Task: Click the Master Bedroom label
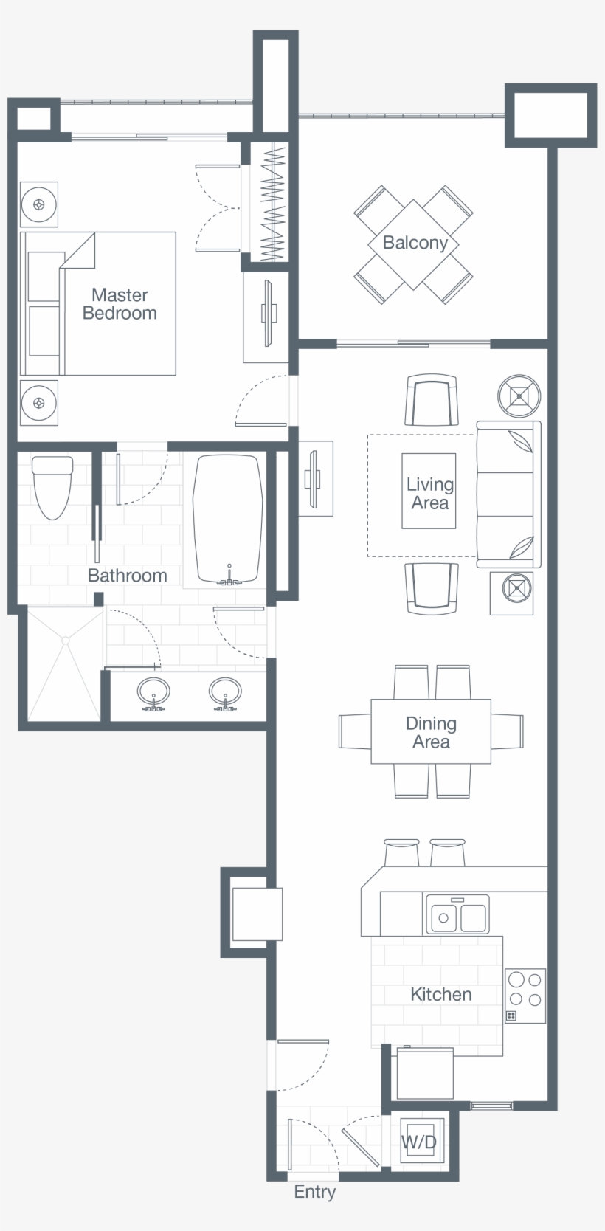pyautogui.click(x=120, y=304)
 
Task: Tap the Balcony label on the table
pyautogui.click(x=415, y=243)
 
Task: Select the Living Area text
pyautogui.click(x=429, y=493)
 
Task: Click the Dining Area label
pyautogui.click(x=431, y=732)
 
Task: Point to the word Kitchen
pyautogui.click(x=440, y=994)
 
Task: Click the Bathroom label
pyautogui.click(x=127, y=575)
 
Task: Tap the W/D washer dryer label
pyautogui.click(x=418, y=1142)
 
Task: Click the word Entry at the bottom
pyautogui.click(x=314, y=1192)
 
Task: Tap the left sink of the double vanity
pyautogui.click(x=153, y=692)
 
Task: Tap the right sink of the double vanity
pyautogui.click(x=225, y=692)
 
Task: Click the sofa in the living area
pyautogui.click(x=509, y=494)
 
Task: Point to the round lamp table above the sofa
pyautogui.click(x=519, y=396)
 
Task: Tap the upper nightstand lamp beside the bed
pyautogui.click(x=39, y=204)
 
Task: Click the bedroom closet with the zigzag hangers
pyautogui.click(x=274, y=201)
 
